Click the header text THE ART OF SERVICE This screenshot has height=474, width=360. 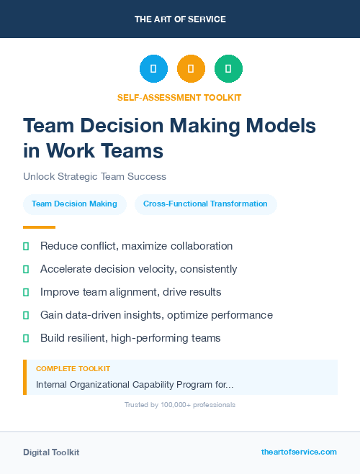(x=180, y=19)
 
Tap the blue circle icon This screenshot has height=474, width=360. (x=153, y=69)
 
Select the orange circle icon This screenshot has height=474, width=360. (x=191, y=69)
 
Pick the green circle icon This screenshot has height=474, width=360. (x=228, y=69)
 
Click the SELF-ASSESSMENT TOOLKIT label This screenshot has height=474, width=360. (x=179, y=97)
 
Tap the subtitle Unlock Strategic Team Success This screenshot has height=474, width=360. (x=94, y=176)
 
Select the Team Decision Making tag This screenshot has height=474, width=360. (x=74, y=204)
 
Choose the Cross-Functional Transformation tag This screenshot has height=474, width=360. (x=205, y=204)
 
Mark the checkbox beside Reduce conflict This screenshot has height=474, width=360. (x=26, y=246)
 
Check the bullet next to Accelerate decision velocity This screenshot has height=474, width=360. (x=26, y=269)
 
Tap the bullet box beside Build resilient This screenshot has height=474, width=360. (x=26, y=338)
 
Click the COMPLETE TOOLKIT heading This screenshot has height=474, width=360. (x=73, y=368)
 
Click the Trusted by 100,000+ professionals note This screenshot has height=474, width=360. (x=179, y=405)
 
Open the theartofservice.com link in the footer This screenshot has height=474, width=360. (x=299, y=452)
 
